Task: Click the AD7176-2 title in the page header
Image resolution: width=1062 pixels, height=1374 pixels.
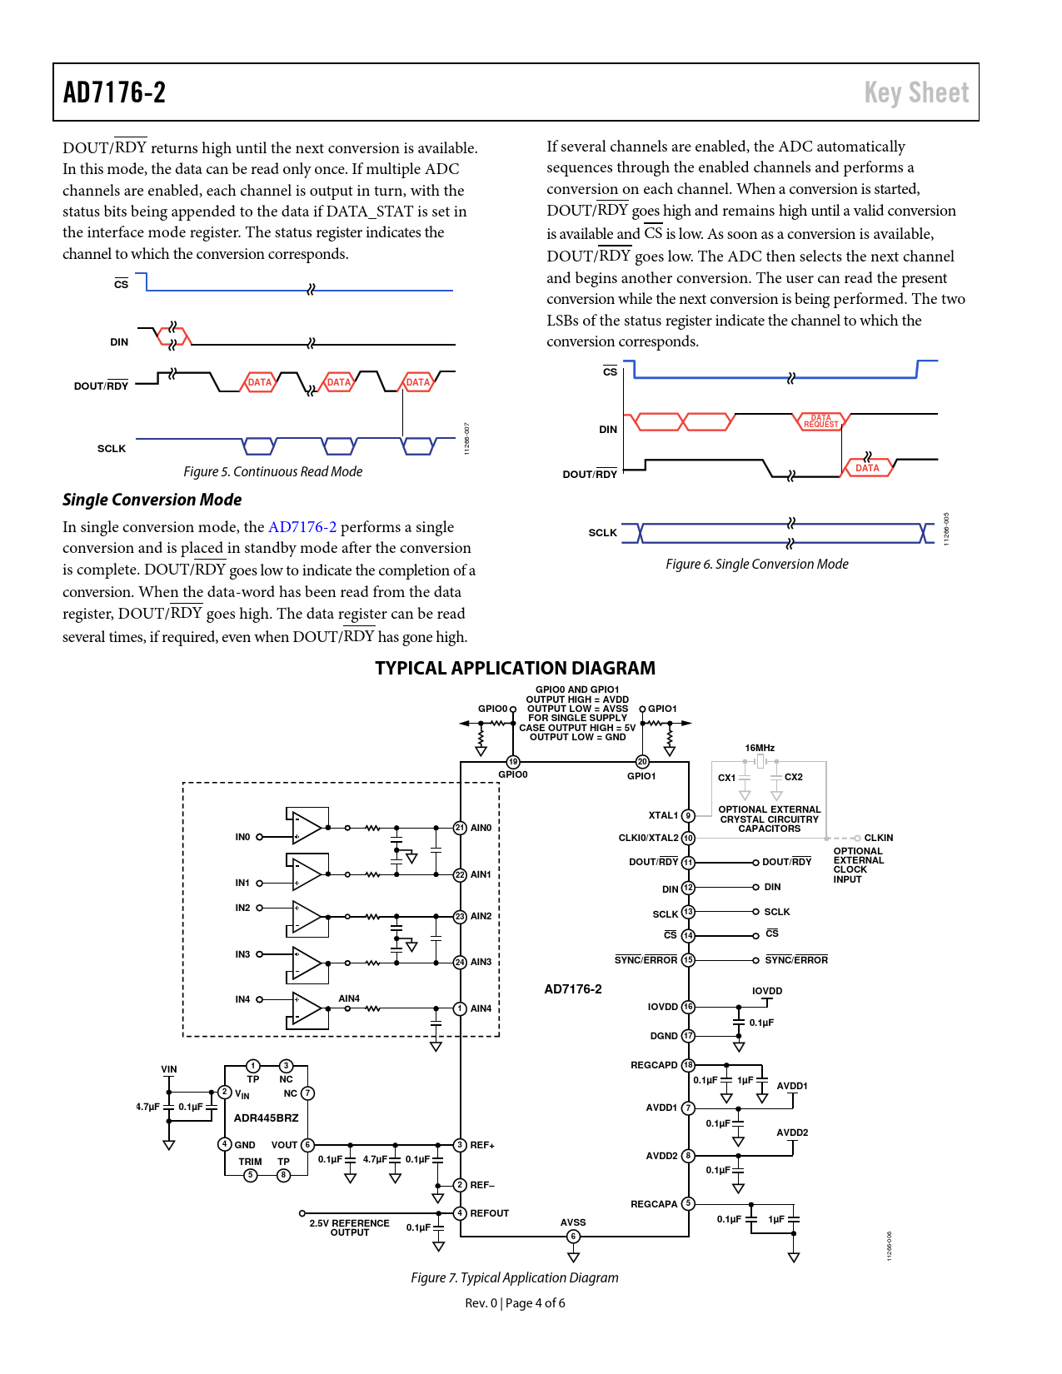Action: pos(114,92)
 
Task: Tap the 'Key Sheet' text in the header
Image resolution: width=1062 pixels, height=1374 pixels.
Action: pos(916,93)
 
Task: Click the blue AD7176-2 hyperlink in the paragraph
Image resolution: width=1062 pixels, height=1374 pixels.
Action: pos(302,527)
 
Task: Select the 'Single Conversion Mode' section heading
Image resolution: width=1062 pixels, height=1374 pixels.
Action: pos(152,500)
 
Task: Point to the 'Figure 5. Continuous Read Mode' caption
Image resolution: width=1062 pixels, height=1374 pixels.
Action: pos(272,471)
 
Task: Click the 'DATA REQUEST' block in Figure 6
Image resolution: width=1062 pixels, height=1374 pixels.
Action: pos(820,421)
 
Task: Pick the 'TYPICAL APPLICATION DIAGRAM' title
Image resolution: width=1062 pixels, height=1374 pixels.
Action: pos(515,668)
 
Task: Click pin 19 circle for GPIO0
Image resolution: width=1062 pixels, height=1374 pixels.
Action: pos(513,762)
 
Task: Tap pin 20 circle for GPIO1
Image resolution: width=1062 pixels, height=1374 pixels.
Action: pos(642,762)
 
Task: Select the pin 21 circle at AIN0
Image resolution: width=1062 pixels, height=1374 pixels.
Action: pos(460,828)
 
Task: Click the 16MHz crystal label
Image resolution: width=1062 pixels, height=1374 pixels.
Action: pos(759,748)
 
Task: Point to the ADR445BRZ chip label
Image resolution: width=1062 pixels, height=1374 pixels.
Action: pos(266,1118)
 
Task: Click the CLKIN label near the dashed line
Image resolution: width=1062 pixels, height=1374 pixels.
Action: pos(879,838)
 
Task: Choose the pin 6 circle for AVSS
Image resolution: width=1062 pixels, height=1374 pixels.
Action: pos(573,1236)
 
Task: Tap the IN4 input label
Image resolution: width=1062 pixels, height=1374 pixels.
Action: pos(242,999)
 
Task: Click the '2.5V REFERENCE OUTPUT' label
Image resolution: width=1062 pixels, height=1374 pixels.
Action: pos(349,1228)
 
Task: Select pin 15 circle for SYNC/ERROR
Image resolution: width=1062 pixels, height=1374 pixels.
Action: pos(688,960)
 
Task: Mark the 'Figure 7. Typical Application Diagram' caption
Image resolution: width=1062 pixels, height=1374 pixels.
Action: pos(514,1277)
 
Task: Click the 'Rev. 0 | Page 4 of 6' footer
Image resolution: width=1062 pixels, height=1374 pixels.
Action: pos(515,1303)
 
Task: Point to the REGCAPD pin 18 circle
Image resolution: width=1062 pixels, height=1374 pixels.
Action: pos(688,1065)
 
